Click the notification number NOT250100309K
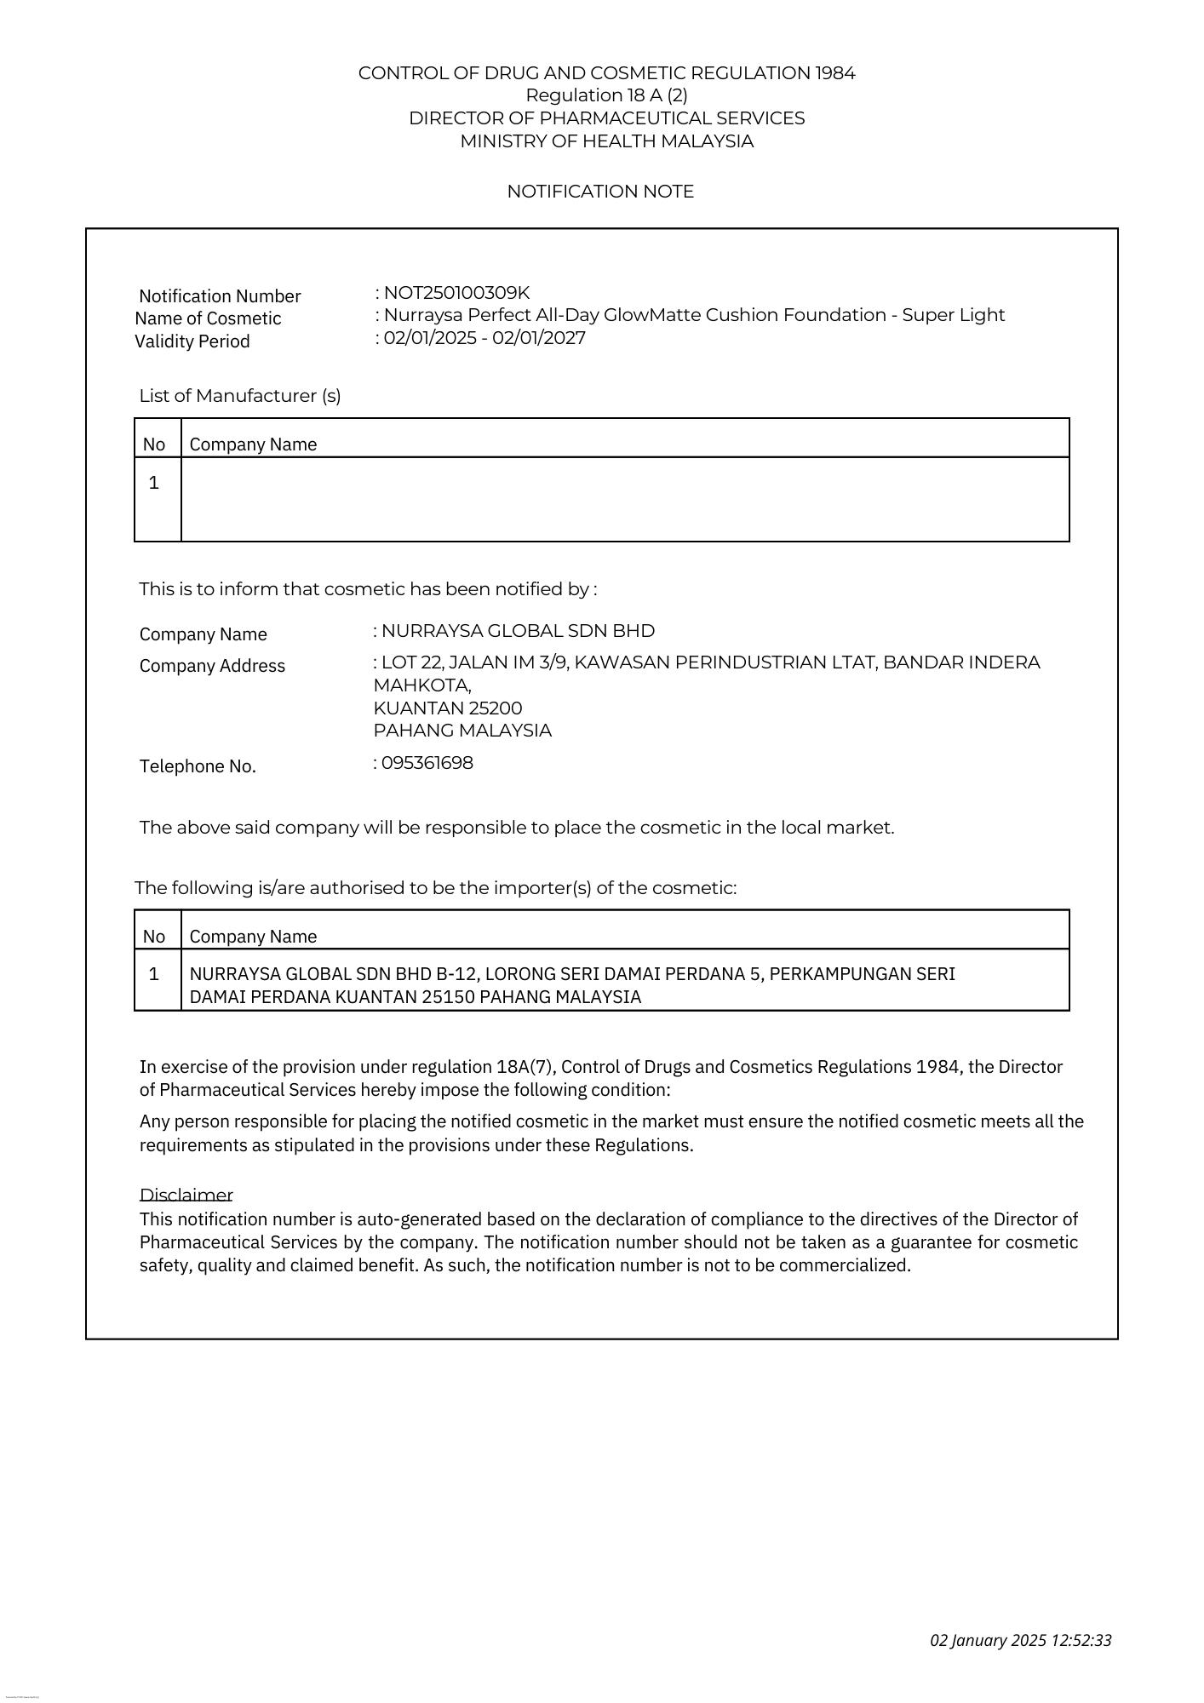[x=456, y=293]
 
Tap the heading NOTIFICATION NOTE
[x=600, y=192]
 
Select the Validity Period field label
[x=192, y=341]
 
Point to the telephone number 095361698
[x=427, y=763]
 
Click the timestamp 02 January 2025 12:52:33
[x=1020, y=1640]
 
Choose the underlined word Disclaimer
[x=186, y=1195]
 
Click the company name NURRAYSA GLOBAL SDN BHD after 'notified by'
[x=518, y=631]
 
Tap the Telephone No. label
[x=198, y=766]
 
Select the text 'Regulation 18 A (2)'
[x=606, y=95]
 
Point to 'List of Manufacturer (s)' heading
[x=240, y=396]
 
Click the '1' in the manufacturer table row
[x=154, y=483]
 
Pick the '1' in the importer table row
[x=154, y=973]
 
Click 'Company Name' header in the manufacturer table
[x=253, y=444]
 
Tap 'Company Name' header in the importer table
[x=253, y=937]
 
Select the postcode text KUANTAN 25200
[x=448, y=708]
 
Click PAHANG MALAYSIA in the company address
[x=462, y=731]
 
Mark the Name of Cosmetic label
[x=208, y=318]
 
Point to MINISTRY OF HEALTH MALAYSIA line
[x=606, y=141]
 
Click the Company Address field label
[x=212, y=666]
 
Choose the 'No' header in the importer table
[x=154, y=937]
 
